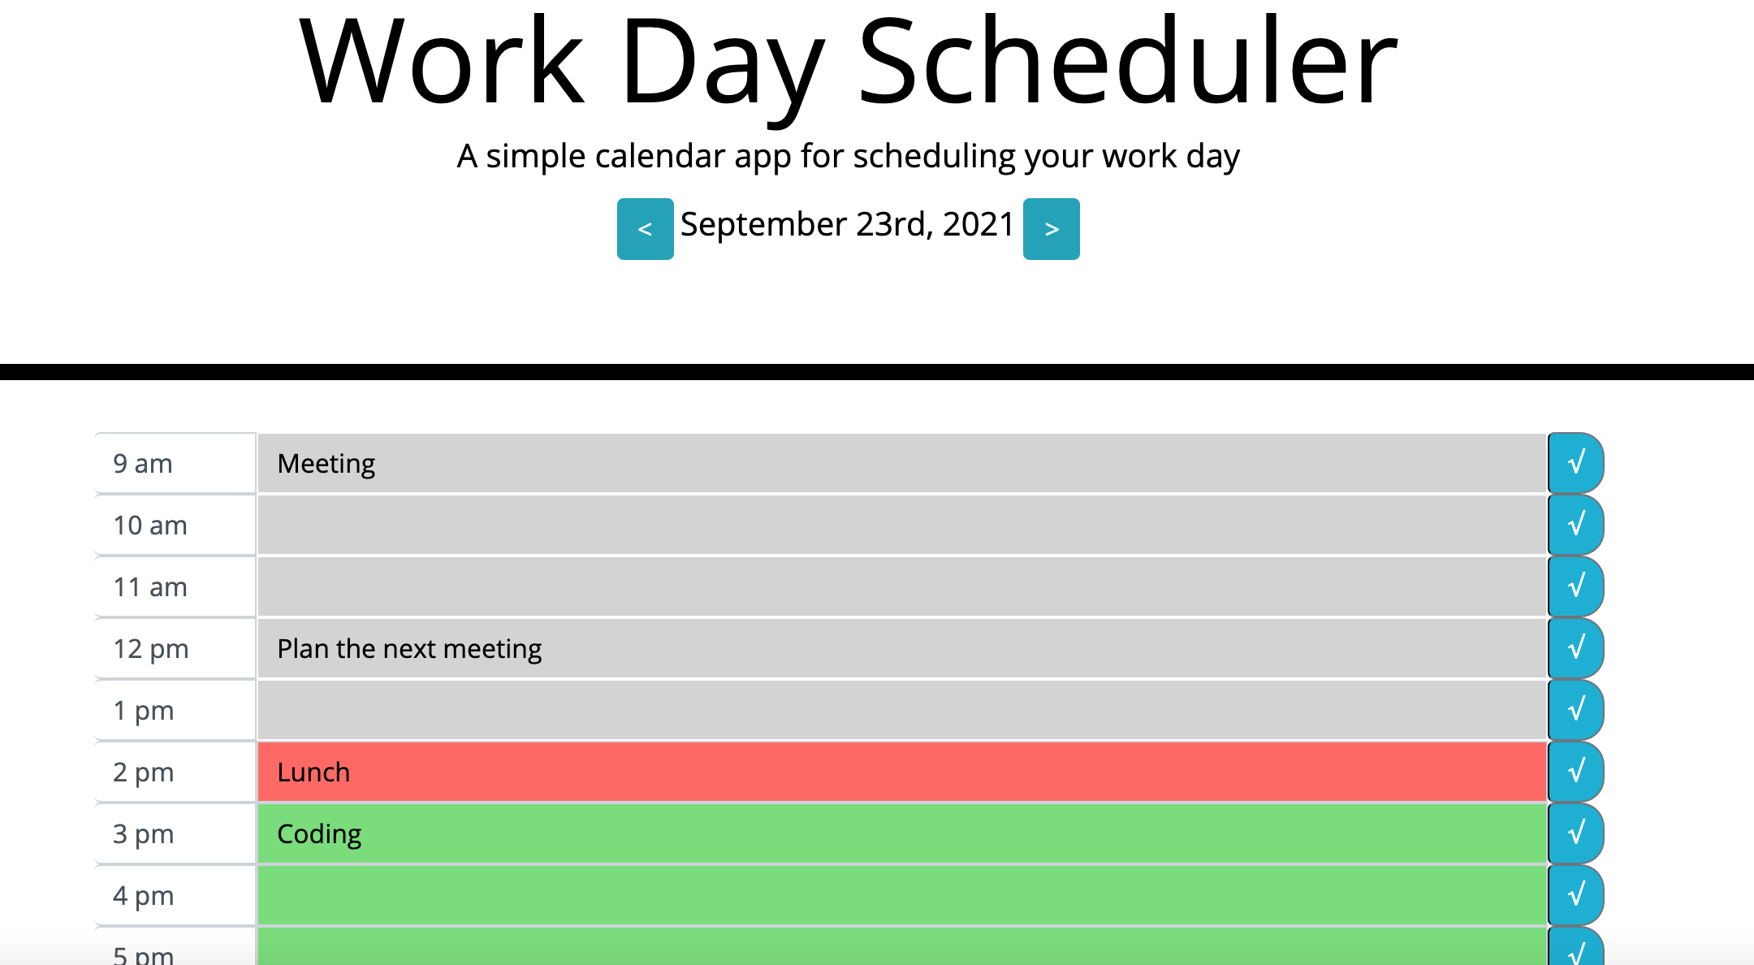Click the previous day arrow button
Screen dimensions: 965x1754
coord(645,229)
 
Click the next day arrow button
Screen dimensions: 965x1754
coord(1051,229)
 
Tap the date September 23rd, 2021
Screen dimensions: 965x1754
coord(847,224)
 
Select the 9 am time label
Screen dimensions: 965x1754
coord(143,464)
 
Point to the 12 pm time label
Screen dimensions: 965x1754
coord(151,649)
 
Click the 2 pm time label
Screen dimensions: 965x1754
coord(144,772)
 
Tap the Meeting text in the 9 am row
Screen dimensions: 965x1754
coord(326,464)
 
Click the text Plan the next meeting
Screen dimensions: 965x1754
coord(409,649)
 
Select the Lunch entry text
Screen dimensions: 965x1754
coord(313,772)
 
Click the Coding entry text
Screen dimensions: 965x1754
coord(319,834)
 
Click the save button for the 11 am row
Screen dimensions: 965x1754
coord(1575,586)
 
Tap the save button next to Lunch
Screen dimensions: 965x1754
coord(1575,772)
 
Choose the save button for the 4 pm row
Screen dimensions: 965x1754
coord(1575,895)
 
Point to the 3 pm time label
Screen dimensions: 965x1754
coord(144,834)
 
